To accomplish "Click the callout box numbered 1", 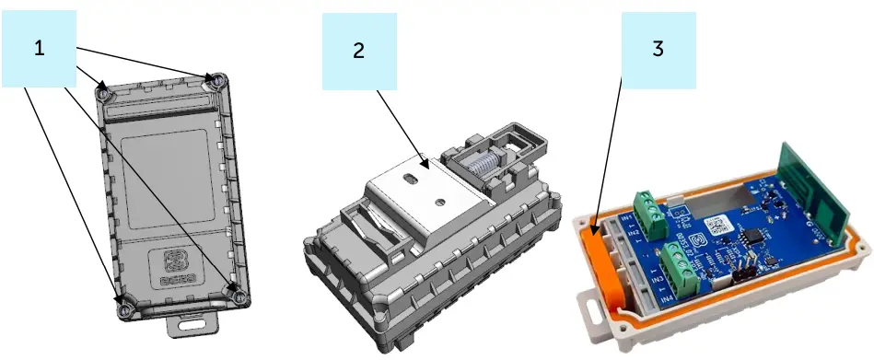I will (x=39, y=47).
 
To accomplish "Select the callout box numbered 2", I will (x=358, y=51).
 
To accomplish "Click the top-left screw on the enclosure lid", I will (x=104, y=92).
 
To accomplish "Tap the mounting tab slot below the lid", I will (x=192, y=322).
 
